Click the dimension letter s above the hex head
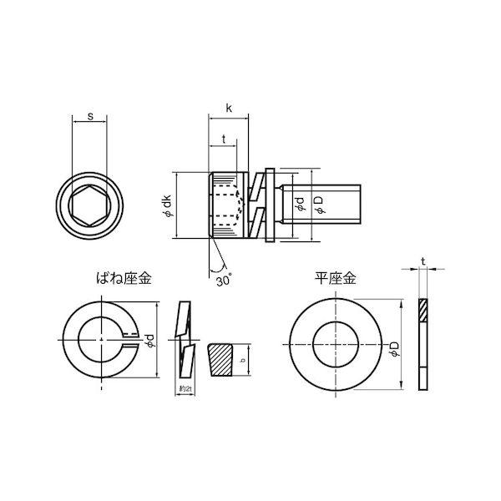coord(89,118)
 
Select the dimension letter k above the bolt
coord(229,108)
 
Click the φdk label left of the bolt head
coord(167,205)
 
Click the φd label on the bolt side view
coord(299,200)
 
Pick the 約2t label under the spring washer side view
coord(185,389)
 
